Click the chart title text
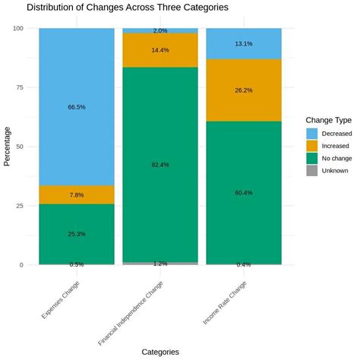click(x=127, y=8)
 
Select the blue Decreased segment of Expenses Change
click(x=76, y=76)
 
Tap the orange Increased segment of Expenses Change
click(x=76, y=194)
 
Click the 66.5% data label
click(x=76, y=107)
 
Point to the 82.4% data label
click(x=159, y=164)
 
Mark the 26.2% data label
click(x=243, y=90)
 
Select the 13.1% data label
click(x=243, y=44)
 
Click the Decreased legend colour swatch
click(x=311, y=132)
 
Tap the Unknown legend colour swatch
click(x=311, y=171)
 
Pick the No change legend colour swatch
click(x=311, y=158)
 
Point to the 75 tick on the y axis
click(x=21, y=87)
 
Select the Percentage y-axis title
click(x=8, y=147)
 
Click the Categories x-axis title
click(x=159, y=352)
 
